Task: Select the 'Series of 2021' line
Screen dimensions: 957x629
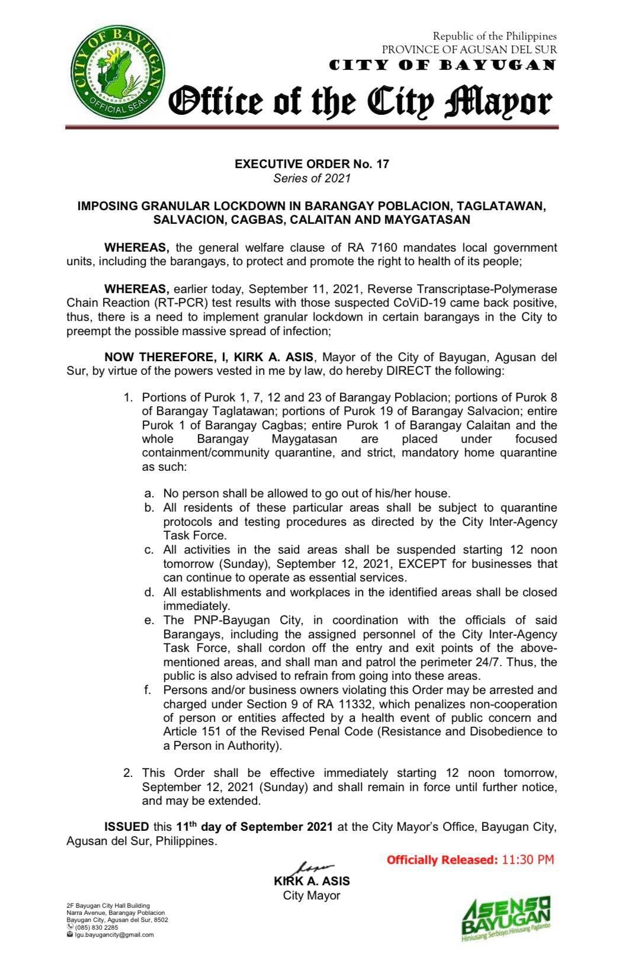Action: (x=312, y=178)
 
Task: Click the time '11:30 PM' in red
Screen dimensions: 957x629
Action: (x=528, y=859)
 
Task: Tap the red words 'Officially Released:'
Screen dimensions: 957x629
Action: (x=442, y=860)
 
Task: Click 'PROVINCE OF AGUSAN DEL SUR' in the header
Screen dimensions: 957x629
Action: (x=469, y=50)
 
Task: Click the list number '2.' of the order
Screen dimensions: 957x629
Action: (x=128, y=773)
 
